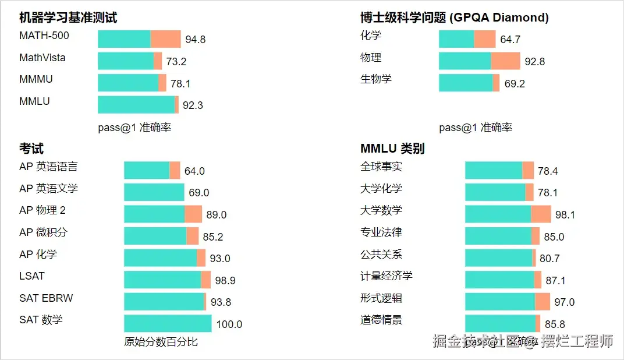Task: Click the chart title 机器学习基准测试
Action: pos(68,17)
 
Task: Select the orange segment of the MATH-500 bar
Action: pos(166,39)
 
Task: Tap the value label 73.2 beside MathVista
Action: pos(176,62)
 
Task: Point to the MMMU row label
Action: pos(36,79)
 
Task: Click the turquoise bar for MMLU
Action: pos(136,105)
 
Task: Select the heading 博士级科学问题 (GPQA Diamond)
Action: pos(454,17)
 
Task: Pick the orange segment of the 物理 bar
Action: pos(505,61)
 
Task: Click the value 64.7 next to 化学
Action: pos(510,40)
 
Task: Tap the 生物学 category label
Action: pos(376,79)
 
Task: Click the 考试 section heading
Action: pos(31,149)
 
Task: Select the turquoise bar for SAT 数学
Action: pos(168,323)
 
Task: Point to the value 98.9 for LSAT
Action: pos(225,281)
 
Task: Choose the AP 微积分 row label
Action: pos(43,232)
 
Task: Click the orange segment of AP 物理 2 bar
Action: pos(193,214)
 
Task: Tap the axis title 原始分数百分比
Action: pos(161,342)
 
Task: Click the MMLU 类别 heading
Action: pos(392,149)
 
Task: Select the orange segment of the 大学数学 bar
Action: pos(541,214)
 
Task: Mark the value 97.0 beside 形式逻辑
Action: pos(565,302)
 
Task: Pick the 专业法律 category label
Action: pos(381,232)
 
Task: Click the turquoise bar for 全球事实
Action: pos(494,171)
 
